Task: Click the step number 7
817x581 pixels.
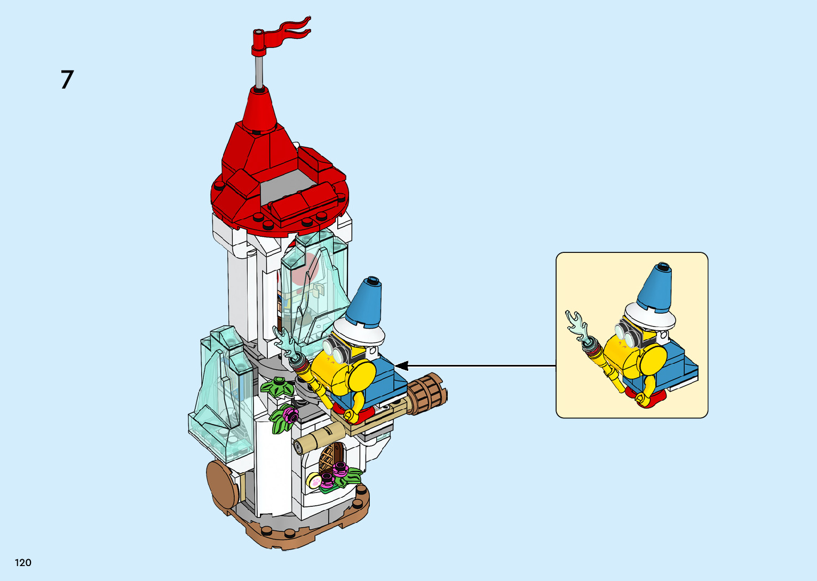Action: pos(67,80)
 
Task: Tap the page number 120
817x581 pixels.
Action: pos(23,562)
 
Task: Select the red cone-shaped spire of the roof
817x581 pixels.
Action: pos(258,109)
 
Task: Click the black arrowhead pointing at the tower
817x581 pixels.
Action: pos(401,366)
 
